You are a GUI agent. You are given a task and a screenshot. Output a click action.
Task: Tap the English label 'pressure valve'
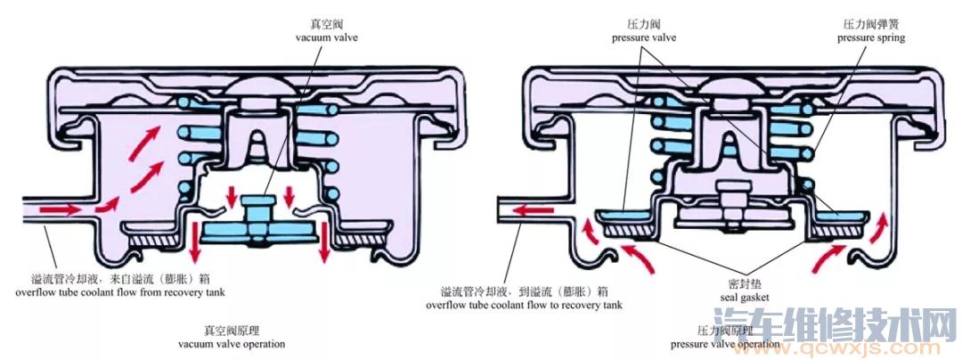click(x=644, y=38)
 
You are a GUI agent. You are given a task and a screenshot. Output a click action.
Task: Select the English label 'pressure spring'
click(x=870, y=38)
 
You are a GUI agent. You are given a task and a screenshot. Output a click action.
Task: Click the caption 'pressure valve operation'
click(x=725, y=343)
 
